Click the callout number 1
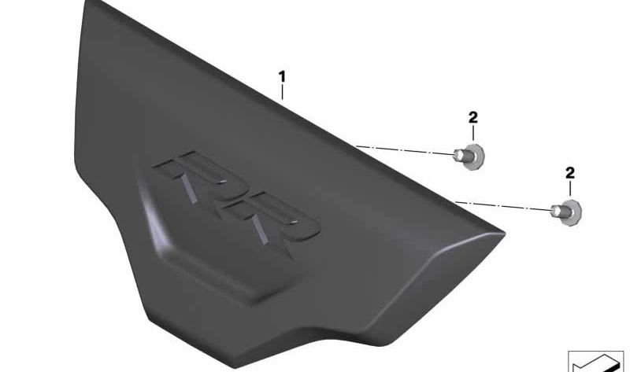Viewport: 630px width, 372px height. pyautogui.click(x=283, y=76)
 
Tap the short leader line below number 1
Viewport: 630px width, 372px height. pyautogui.click(x=283, y=92)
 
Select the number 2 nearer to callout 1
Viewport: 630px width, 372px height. pyautogui.click(x=473, y=118)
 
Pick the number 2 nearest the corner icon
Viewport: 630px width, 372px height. pyautogui.click(x=570, y=173)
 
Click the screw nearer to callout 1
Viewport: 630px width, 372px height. pyautogui.click(x=469, y=156)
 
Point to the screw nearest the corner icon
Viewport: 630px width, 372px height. pyautogui.click(x=566, y=212)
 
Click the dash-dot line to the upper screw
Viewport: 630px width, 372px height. pyautogui.click(x=405, y=150)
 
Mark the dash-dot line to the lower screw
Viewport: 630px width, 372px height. pyautogui.click(x=503, y=206)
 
